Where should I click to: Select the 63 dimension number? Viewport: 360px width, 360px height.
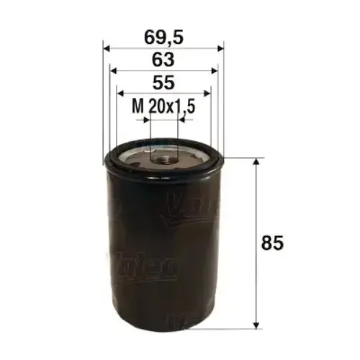[163, 58]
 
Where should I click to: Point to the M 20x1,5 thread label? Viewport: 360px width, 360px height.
[165, 107]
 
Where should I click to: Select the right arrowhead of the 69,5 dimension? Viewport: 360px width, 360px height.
[220, 49]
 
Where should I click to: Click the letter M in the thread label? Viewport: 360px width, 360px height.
[138, 107]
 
